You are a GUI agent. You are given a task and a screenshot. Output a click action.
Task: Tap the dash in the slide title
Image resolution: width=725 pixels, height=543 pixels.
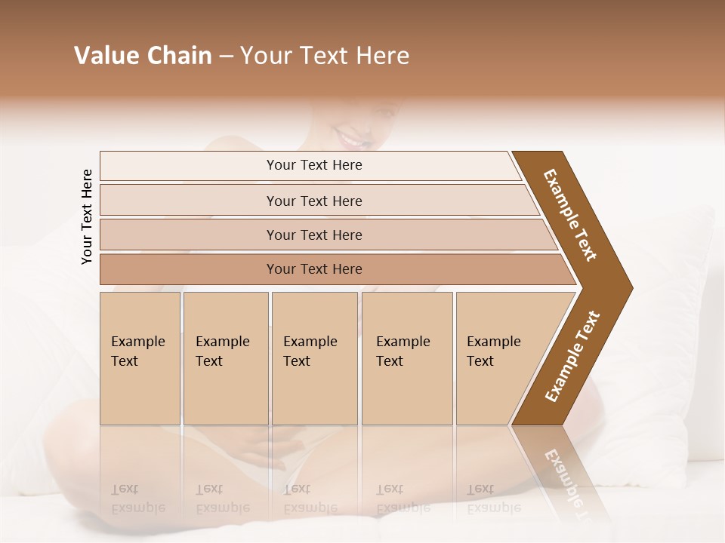click(226, 57)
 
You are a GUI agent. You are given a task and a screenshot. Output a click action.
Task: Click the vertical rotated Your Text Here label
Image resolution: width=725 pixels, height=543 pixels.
click(87, 217)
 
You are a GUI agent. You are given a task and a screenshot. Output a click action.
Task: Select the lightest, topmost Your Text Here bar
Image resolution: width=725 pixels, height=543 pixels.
click(313, 165)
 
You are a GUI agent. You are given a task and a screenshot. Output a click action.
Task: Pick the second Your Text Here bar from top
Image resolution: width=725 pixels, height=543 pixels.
click(313, 201)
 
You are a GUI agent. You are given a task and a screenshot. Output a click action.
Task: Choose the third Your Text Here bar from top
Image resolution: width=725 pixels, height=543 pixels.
click(313, 235)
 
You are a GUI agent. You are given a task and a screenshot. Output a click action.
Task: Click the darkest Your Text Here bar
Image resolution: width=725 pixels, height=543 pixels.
click(313, 269)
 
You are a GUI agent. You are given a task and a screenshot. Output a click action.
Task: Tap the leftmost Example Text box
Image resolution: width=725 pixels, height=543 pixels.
click(140, 358)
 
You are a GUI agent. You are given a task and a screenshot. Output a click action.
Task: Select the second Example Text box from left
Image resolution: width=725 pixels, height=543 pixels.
click(225, 358)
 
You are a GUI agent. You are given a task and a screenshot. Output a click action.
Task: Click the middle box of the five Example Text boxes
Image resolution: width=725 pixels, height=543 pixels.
click(314, 358)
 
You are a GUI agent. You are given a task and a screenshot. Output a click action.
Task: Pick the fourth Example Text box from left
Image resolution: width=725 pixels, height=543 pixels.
click(406, 358)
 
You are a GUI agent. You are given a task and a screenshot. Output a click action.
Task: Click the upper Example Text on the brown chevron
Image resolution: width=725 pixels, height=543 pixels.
click(570, 214)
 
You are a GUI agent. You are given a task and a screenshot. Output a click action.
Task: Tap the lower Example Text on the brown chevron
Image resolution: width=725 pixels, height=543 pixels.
click(572, 357)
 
